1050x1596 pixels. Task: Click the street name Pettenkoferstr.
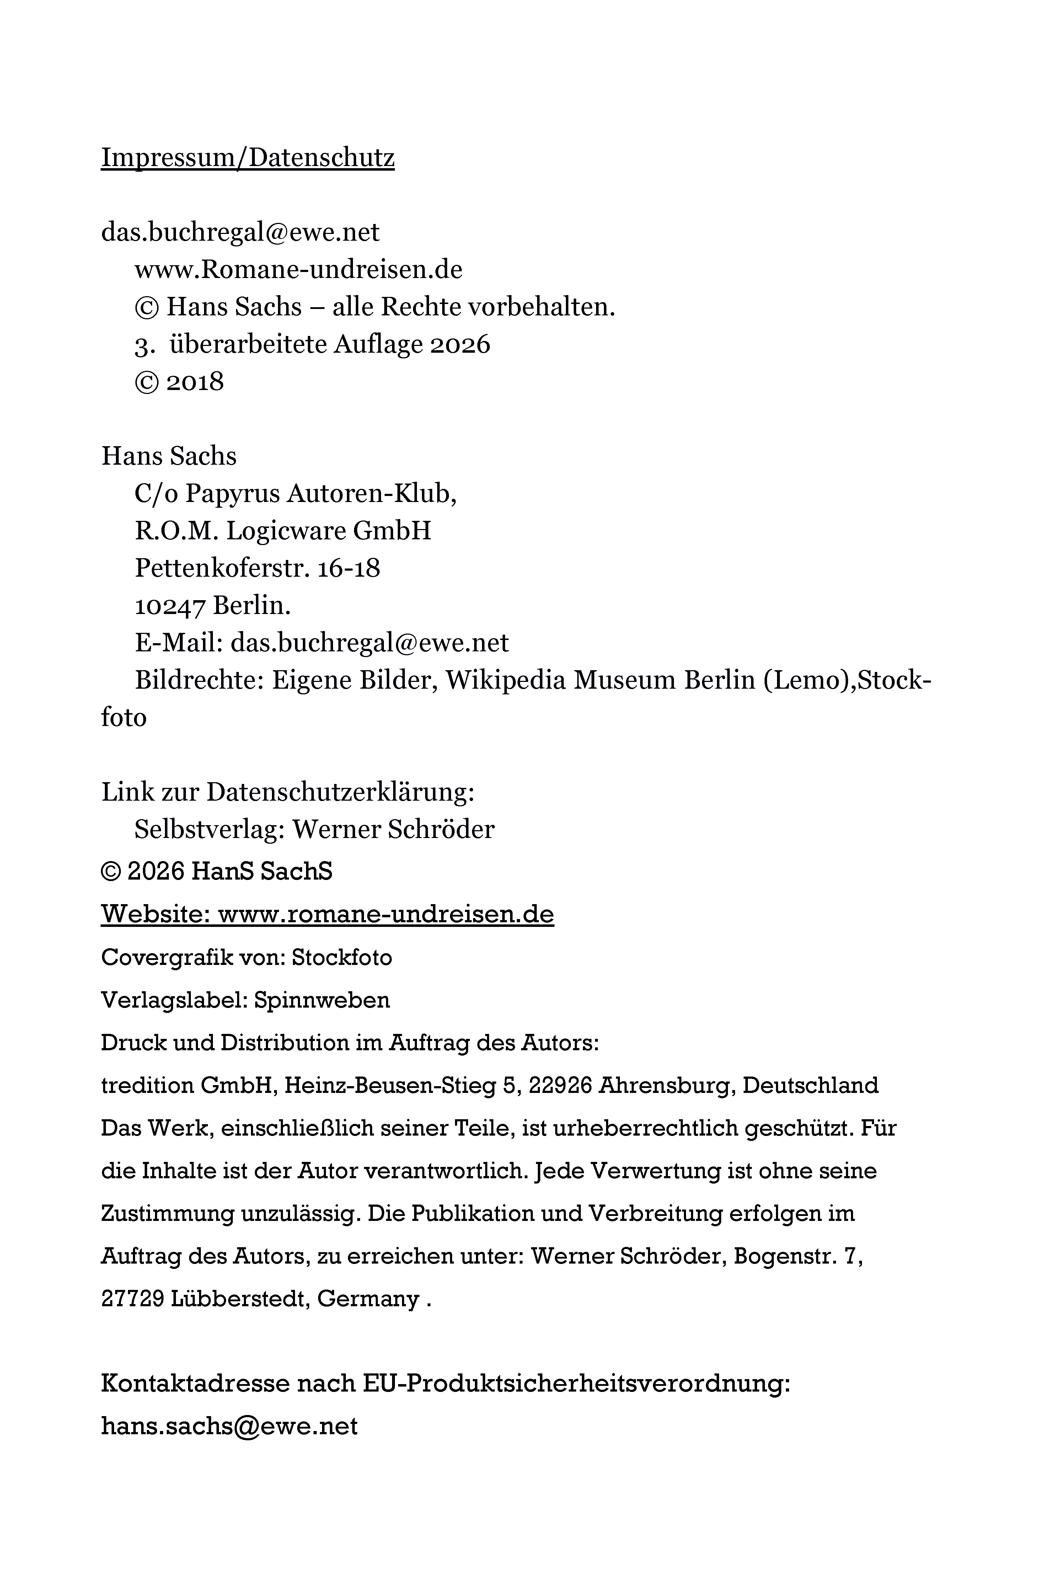221,569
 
